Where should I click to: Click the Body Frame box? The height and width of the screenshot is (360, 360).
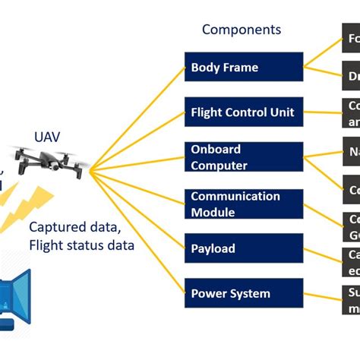[243, 67]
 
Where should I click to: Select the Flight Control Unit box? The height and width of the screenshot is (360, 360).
[243, 112]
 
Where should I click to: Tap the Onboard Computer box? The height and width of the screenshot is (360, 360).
[243, 157]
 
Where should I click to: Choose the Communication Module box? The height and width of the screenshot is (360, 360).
[243, 204]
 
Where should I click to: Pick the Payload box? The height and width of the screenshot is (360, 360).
[243, 248]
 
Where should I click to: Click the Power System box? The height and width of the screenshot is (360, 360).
[243, 293]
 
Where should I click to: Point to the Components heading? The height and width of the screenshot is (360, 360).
[241, 30]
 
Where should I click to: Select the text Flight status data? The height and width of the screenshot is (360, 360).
[81, 245]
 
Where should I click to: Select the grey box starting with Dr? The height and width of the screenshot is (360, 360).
[350, 76]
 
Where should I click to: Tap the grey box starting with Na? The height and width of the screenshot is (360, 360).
[350, 152]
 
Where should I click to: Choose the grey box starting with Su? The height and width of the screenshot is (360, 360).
[350, 299]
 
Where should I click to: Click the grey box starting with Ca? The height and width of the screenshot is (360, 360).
[350, 261]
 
